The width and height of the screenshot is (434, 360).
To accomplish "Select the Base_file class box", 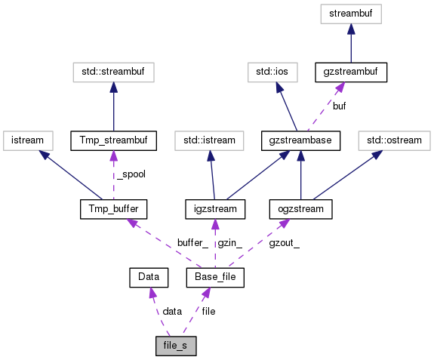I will pos(214,278).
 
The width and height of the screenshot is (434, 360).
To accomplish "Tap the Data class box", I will pos(148,278).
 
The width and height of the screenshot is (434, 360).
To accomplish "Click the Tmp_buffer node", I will pos(112,208).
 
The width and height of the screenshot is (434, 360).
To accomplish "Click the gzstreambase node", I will pos(301,140).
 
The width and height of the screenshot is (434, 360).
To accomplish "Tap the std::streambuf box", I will pos(112,72).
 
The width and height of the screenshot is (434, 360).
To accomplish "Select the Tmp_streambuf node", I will pos(112,140).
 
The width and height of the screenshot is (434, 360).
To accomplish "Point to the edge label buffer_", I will pos(192,243).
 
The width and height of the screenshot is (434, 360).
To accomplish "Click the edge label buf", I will pos(340,106).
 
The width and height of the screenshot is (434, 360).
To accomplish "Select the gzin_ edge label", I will pos(229,243).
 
